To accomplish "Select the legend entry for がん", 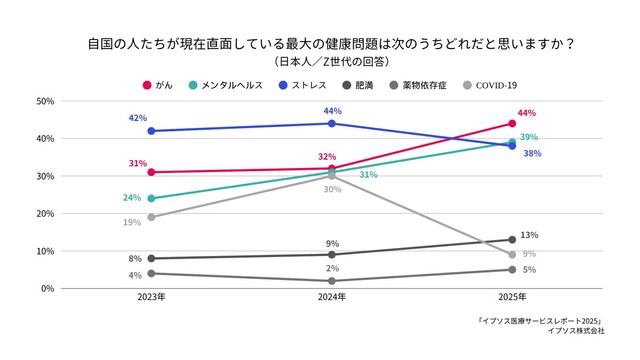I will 159,85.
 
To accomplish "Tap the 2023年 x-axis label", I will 151,298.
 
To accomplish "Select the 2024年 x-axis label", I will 331,298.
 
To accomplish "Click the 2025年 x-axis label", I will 511,298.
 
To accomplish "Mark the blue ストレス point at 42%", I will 151,131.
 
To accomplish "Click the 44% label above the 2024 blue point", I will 332,110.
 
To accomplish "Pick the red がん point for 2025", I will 512,124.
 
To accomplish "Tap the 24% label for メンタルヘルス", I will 132,198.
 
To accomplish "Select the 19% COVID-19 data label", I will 132,222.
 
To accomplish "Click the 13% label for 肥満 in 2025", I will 530,235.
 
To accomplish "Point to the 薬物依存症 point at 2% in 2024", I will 331,281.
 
